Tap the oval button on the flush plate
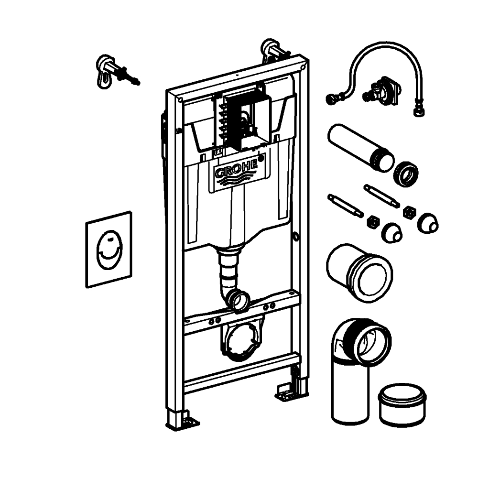(109, 250)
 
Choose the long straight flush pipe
(360, 145)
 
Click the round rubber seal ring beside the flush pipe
(405, 174)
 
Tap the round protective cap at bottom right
(402, 405)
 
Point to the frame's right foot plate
(286, 392)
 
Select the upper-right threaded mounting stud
(381, 196)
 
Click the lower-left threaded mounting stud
(346, 206)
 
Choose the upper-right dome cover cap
(428, 223)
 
